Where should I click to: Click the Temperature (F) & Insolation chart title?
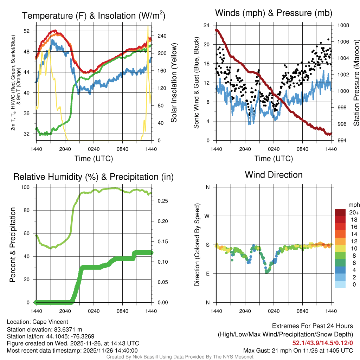tap(94, 16)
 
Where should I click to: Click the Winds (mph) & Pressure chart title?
tap(274, 13)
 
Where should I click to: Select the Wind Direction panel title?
tap(274, 175)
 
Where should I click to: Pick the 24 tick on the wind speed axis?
tap(207, 25)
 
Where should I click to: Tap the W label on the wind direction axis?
tap(208, 216)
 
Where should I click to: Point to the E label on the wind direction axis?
tap(208, 274)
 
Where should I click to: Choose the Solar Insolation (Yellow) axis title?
tap(174, 83)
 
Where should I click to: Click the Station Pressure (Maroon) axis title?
tap(356, 83)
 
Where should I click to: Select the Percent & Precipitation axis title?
tap(13, 245)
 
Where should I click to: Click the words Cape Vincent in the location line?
tap(50, 322)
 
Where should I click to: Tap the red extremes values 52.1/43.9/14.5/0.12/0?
tap(322, 343)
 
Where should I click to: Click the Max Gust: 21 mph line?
tap(298, 351)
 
